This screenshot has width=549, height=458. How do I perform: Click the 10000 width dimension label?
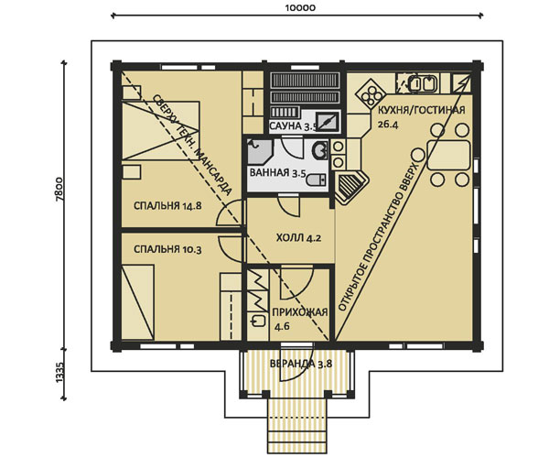point(300,7)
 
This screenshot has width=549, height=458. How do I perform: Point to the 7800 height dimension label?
point(59,190)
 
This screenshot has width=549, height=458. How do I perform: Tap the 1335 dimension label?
point(59,373)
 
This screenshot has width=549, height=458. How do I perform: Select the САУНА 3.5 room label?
point(293,126)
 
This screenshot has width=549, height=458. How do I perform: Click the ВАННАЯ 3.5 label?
point(277,173)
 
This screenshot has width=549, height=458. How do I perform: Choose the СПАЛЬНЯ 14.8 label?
point(167,206)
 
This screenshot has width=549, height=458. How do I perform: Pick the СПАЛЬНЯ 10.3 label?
point(167,250)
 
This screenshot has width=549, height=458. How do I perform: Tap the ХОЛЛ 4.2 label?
point(298,239)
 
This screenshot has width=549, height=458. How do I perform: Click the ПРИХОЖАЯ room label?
point(300,311)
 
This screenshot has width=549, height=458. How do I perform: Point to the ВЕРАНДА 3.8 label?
point(301,364)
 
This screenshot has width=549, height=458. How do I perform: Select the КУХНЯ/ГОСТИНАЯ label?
point(422,110)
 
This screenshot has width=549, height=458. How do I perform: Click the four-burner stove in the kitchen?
point(371,93)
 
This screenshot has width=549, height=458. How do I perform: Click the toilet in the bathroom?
point(316,180)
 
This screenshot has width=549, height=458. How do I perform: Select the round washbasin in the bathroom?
point(320,150)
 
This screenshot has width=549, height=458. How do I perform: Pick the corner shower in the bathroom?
point(260,152)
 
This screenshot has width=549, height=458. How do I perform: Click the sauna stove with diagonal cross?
point(328,121)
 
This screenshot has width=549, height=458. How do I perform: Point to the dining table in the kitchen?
point(448,155)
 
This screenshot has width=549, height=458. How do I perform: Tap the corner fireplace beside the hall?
point(351,187)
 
